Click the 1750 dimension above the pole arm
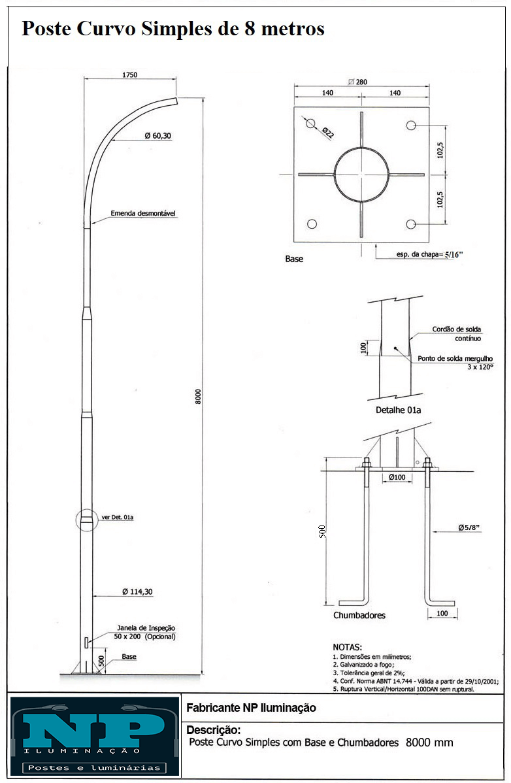[130, 75]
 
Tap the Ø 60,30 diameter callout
[157, 136]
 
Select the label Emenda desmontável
[143, 213]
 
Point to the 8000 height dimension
[198, 397]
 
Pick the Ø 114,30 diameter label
[138, 591]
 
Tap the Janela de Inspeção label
[146, 627]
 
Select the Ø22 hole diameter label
[327, 132]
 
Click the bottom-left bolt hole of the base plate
[312, 224]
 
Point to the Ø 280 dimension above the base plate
[358, 82]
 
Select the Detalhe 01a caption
[398, 410]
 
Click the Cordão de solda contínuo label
[457, 333]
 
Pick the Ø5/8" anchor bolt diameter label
[469, 527]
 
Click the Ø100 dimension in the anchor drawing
[397, 477]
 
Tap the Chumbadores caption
[359, 615]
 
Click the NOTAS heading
[348, 647]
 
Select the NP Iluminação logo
[95, 736]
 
